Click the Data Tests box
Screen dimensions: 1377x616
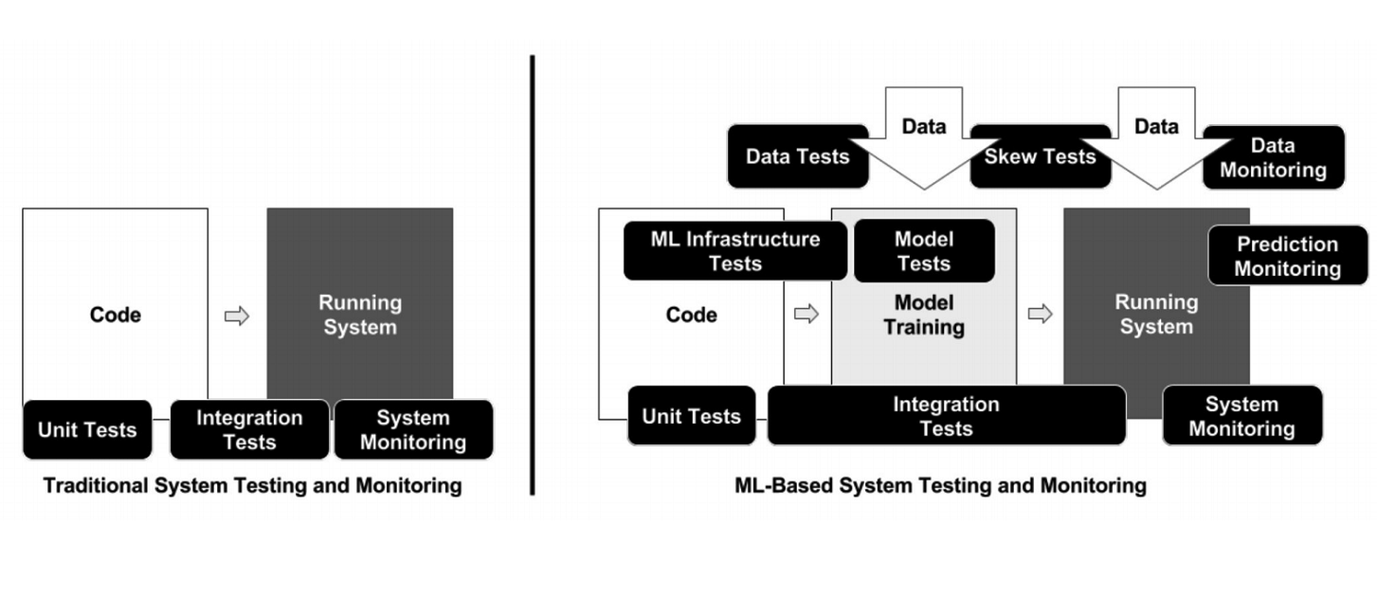[797, 156]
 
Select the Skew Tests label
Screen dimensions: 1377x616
[1041, 156]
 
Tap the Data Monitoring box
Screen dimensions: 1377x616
[1273, 157]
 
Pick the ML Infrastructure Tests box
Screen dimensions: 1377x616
[735, 251]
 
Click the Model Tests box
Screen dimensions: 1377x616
[924, 251]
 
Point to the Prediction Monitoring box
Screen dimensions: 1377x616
[1288, 256]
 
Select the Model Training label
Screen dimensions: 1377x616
[924, 315]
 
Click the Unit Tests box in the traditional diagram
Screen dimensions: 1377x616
[87, 429]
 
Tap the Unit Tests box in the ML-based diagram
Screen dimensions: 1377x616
[692, 416]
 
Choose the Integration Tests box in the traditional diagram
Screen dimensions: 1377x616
[249, 429]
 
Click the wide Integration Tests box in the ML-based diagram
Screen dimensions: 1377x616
[947, 416]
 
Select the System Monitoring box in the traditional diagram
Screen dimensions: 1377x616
[414, 429]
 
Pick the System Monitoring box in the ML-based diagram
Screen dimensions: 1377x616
[1242, 416]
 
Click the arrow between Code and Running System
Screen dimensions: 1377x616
[237, 316]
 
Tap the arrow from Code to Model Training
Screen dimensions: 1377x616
[806, 314]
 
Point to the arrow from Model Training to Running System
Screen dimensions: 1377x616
[1041, 314]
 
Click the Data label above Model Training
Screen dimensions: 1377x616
[924, 126]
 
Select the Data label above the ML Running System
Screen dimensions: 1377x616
[1156, 126]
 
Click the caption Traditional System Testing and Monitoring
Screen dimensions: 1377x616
[253, 485]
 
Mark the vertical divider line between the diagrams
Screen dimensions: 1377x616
[533, 276]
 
